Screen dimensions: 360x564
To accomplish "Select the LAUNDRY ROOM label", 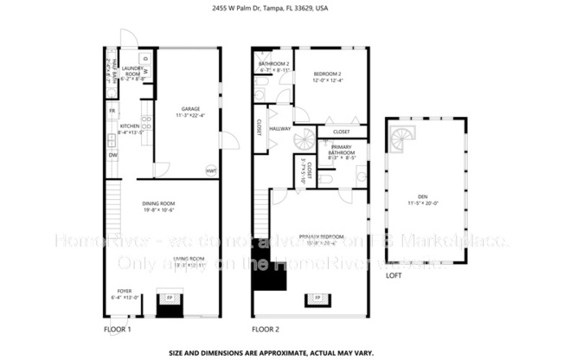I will click(131, 71).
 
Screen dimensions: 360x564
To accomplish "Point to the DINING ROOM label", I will click(159, 206).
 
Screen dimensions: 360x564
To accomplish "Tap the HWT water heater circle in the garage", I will click(210, 170).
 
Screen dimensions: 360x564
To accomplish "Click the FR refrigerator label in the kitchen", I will click(112, 112).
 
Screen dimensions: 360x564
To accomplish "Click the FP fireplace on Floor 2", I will click(317, 299).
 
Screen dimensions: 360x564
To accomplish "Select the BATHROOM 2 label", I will click(272, 66).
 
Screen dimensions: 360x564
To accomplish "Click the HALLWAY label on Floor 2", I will click(279, 129).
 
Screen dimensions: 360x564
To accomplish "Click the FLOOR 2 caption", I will click(266, 330).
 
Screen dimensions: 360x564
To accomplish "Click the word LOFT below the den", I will click(394, 276).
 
